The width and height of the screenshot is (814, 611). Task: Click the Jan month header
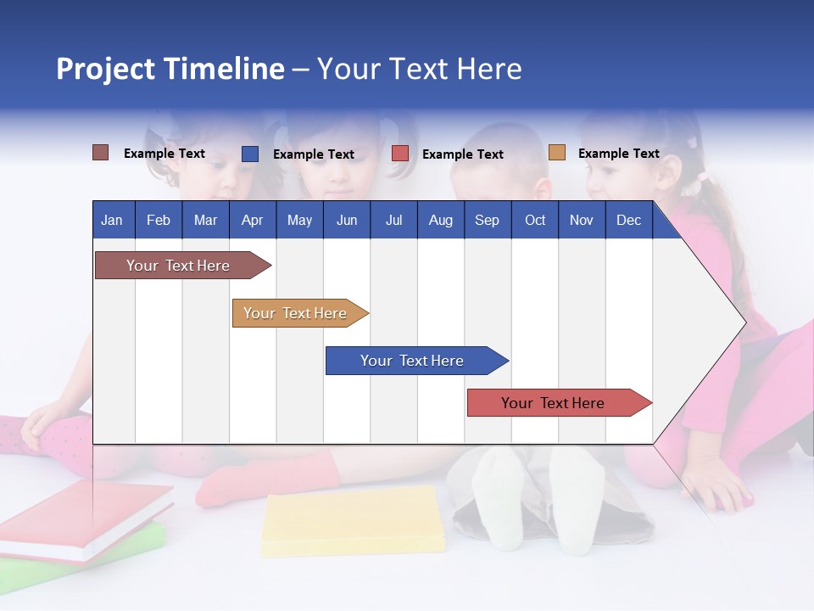[x=112, y=220]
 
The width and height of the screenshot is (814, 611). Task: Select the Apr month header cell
[x=253, y=220]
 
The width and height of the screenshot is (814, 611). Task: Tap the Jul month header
[x=393, y=220]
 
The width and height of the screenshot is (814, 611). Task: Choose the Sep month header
[x=487, y=220]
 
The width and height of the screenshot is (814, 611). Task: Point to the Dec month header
[x=628, y=220]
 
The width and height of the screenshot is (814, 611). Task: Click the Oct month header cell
[x=535, y=220]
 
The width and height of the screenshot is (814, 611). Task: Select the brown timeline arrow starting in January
[x=178, y=266]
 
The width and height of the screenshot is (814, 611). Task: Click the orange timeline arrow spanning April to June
[x=295, y=313]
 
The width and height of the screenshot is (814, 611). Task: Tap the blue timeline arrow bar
[x=412, y=361]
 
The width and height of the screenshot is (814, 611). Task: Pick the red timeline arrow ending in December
[x=553, y=403]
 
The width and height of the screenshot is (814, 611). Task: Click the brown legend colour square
[x=100, y=153]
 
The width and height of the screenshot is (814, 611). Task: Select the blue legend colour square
[x=250, y=154]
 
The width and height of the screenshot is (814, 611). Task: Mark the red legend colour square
[x=400, y=154]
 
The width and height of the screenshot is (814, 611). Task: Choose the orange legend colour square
[x=556, y=153]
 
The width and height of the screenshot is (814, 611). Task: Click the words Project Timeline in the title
[x=170, y=69]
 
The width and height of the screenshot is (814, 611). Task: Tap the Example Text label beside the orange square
[x=618, y=153]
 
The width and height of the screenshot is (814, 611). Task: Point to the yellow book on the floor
[x=353, y=520]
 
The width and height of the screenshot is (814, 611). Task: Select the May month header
[x=299, y=220]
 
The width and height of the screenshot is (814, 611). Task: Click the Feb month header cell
[x=159, y=220]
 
